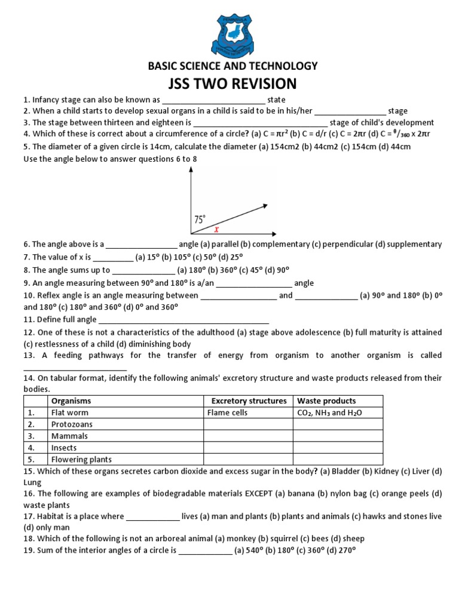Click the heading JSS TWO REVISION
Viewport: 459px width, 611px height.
coord(229,83)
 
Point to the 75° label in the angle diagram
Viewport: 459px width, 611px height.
coord(200,219)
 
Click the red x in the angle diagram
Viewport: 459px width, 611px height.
coord(216,228)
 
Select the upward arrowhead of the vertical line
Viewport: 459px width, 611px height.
coord(191,171)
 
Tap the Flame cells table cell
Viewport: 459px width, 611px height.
coord(227,412)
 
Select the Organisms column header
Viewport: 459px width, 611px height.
coord(71,401)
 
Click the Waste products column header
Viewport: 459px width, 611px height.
coord(326,401)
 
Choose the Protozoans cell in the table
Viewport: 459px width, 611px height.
coord(72,424)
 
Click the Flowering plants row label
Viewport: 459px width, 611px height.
coord(81,459)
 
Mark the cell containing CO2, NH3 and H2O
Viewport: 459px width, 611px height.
coord(329,412)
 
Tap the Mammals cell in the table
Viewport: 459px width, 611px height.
coord(69,436)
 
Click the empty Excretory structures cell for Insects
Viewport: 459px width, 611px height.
coord(248,448)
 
